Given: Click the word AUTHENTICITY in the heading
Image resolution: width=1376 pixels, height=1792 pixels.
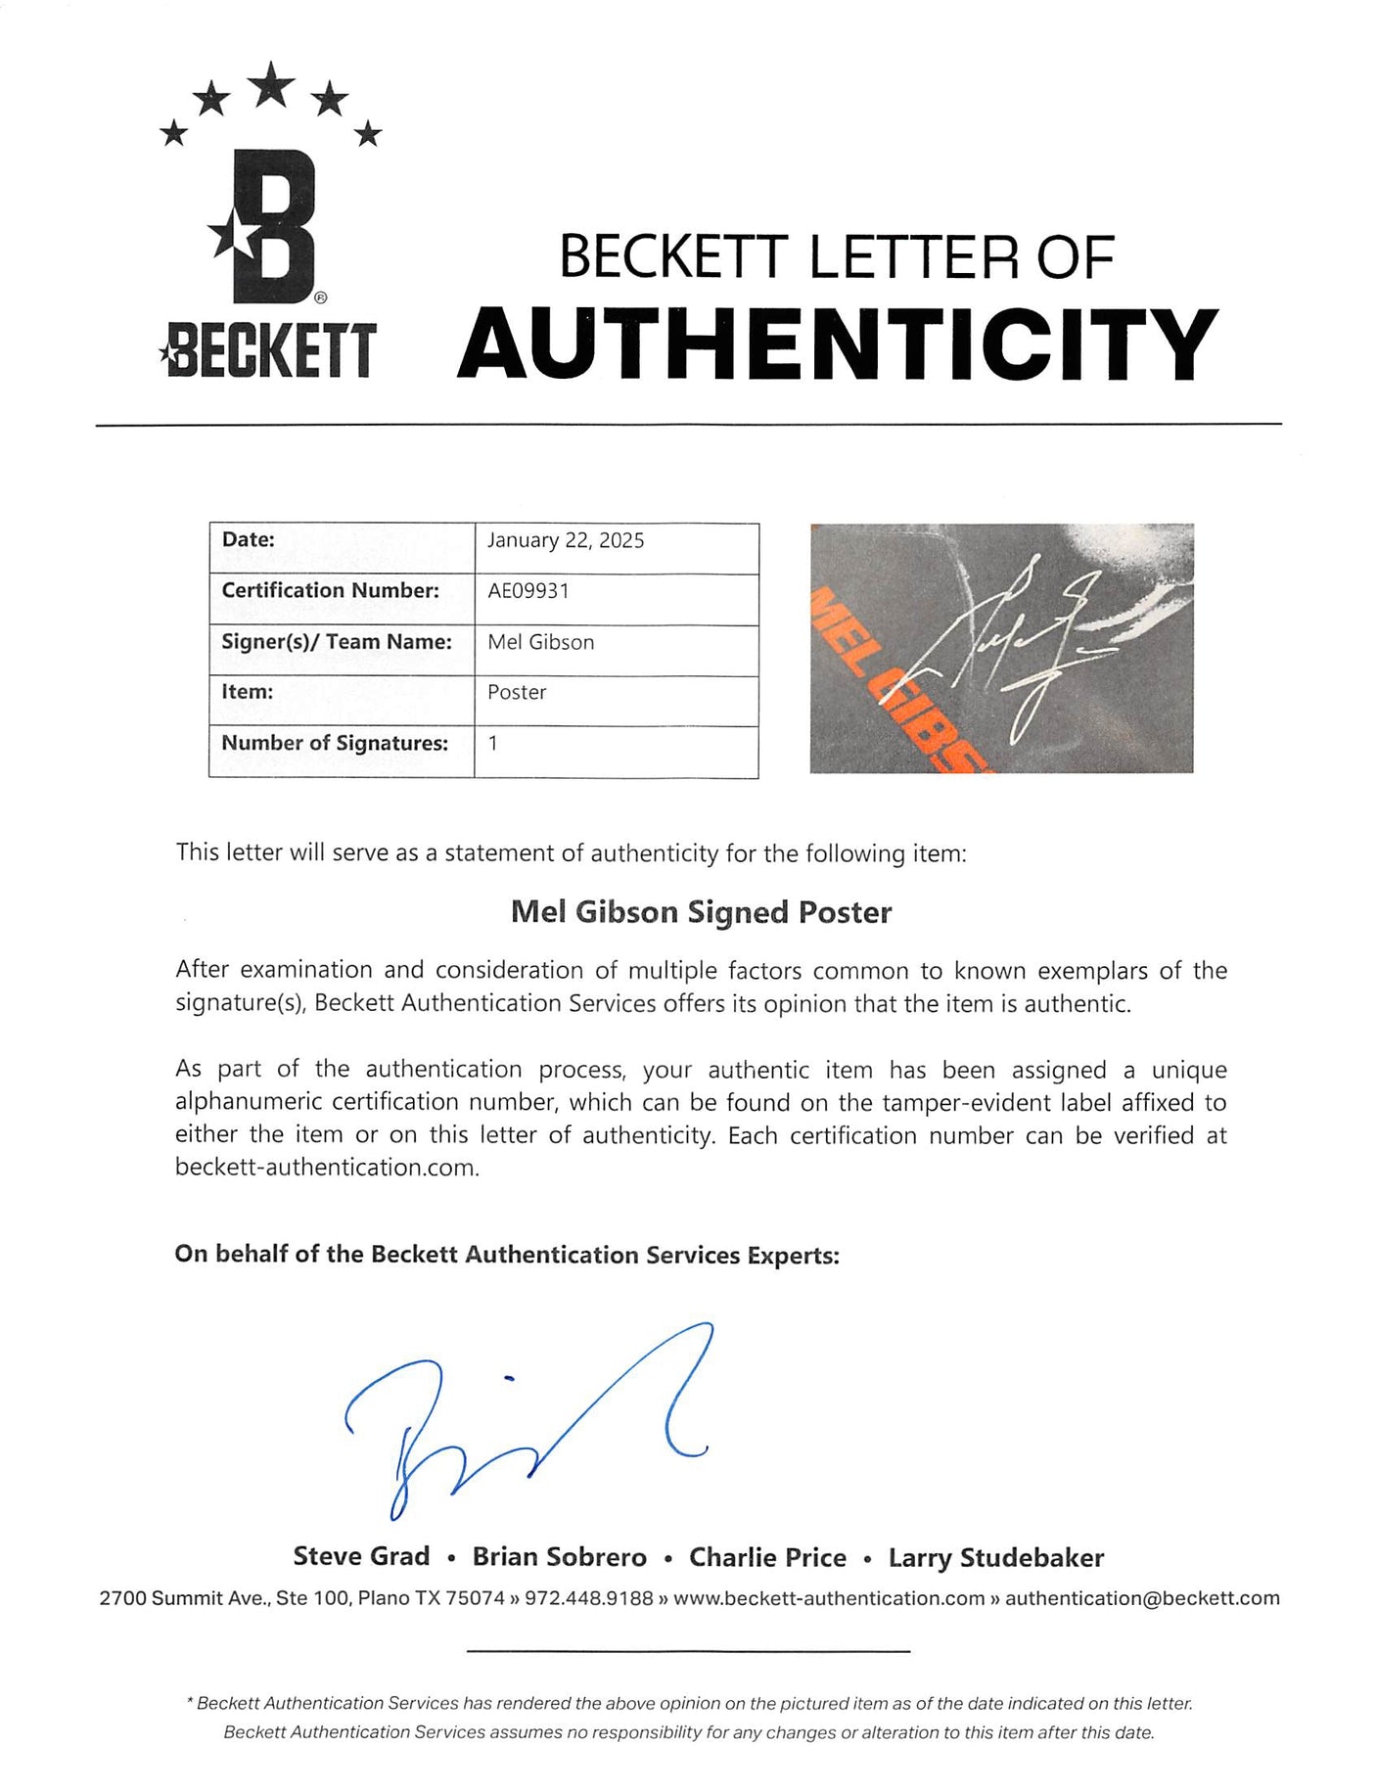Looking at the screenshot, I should pos(837,345).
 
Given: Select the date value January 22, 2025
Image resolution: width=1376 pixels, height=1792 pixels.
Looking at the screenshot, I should pos(566,541).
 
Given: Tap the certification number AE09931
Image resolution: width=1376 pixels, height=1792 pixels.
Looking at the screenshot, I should pos(527,591).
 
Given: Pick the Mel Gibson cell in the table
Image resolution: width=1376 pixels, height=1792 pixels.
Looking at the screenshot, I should pos(540,642).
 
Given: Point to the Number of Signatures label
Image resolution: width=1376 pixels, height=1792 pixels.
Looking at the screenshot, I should pos(335,743).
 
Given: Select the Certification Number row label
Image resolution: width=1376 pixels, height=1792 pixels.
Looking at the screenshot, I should pos(330,590).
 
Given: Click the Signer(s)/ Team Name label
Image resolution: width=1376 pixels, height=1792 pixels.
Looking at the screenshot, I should pos(337,642).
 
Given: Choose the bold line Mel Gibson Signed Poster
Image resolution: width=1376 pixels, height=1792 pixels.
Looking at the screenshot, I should pos(701,912).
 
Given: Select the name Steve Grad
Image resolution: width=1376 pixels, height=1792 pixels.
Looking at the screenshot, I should pos(361,1556).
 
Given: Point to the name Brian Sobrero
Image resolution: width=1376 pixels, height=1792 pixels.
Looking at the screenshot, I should pos(559,1557).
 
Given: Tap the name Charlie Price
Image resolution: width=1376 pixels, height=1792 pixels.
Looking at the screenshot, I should pos(767,1557).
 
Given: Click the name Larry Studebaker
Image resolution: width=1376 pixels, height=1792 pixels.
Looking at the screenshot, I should pos(995,1557).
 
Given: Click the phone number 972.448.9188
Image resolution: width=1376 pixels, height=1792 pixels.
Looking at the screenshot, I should pos(588,1598).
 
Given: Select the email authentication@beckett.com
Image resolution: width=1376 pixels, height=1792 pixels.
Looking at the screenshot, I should pos(1142,1598).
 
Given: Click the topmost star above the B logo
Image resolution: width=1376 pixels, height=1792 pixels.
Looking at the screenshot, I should pos(272,84).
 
